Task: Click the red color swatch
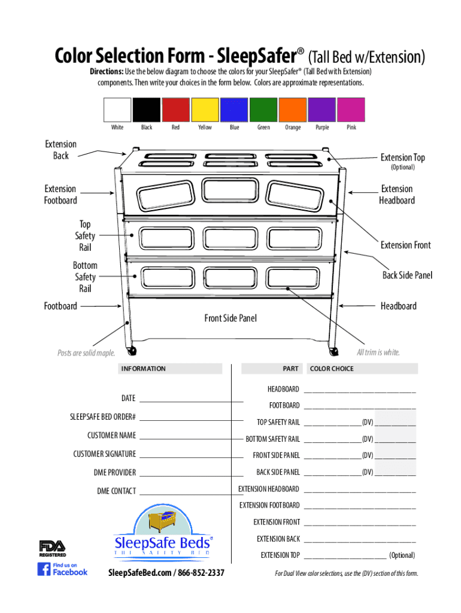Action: pos(176,110)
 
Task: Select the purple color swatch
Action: pos(322,110)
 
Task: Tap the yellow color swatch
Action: pos(205,110)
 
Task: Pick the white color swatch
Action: pos(117,110)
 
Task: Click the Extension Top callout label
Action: pos(403,157)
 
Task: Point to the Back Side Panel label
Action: pos(407,275)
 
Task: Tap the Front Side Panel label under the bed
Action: pos(230,318)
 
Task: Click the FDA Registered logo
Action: pos(53,548)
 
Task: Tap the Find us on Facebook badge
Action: pos(62,569)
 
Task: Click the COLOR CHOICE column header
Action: pos(332,369)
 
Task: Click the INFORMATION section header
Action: pos(144,369)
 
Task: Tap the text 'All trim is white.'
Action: pos(378,352)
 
